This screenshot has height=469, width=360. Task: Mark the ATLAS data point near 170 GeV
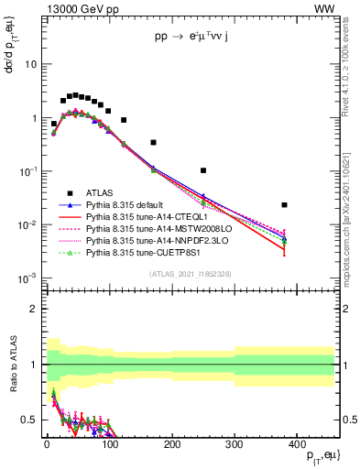(x=153, y=142)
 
